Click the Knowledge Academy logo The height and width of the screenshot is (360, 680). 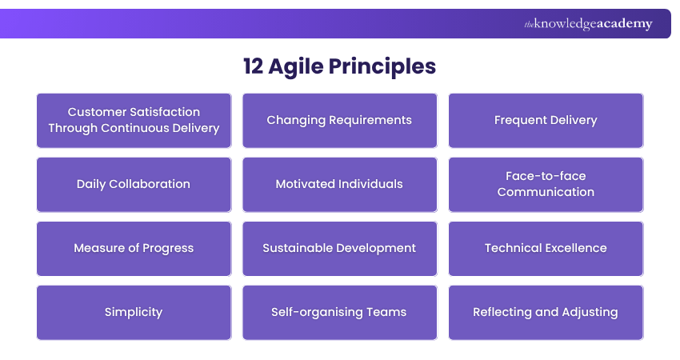pos(588,24)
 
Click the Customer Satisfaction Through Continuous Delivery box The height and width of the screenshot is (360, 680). pos(134,120)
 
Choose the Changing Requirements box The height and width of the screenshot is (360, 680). pos(339,120)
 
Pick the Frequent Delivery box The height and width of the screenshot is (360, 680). pos(546,120)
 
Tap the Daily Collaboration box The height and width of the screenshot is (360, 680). pos(134,184)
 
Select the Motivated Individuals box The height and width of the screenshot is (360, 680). pos(339,184)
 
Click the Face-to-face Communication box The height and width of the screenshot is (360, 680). pos(546,184)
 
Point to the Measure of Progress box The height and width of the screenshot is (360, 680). pos(134,248)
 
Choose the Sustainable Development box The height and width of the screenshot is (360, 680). pos(339,248)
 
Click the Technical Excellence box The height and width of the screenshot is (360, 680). pos(546,248)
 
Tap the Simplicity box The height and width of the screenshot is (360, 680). pos(134,312)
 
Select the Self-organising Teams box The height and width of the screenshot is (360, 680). pos(339,312)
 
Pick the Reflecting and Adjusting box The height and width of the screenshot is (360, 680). pos(546,312)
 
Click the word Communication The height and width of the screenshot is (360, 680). pos(546,192)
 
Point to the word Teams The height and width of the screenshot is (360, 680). pos(388,312)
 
